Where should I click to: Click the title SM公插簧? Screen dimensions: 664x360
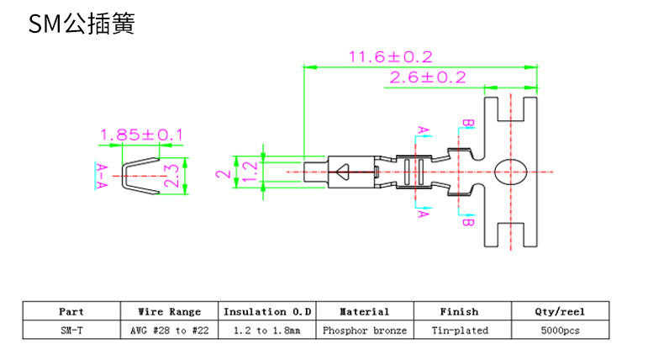coord(82,24)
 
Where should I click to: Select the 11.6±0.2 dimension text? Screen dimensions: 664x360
coord(391,57)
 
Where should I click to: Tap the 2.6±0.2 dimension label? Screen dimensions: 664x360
coord(428,77)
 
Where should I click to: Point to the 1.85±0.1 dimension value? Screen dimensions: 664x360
coord(141,135)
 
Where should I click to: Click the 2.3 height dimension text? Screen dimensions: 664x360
coord(171,176)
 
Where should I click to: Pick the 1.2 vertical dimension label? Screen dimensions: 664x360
coord(250,172)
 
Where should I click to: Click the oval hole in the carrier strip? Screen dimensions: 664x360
coord(510,172)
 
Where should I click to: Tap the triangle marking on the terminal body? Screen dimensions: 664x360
coord(342,172)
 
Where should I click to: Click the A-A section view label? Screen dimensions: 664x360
coord(102,176)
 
